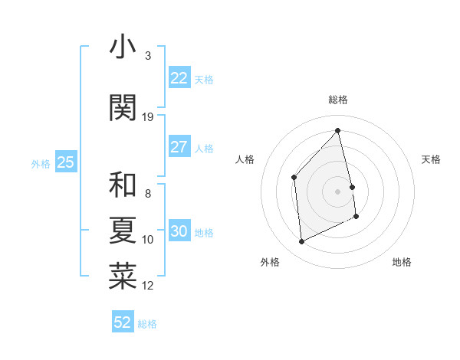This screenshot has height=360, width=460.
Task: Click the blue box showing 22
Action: click(179, 78)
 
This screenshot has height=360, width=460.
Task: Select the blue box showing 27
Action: click(179, 147)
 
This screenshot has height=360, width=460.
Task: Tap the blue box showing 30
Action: click(179, 231)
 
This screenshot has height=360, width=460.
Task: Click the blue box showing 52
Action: click(123, 322)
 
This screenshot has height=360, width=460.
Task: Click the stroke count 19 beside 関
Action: click(148, 117)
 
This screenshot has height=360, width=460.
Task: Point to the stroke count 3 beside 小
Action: click(148, 56)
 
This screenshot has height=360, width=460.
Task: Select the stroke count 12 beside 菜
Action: click(148, 286)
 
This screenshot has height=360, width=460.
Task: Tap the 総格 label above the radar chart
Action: click(338, 100)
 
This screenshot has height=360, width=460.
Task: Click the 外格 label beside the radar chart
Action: click(270, 262)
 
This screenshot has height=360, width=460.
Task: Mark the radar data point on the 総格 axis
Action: click(337, 131)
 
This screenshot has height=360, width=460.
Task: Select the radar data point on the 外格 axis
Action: click(301, 242)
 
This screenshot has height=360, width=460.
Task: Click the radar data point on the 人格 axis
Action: click(294, 177)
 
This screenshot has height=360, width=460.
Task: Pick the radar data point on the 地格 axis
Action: click(356, 217)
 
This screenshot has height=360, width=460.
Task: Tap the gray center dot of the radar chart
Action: click(338, 191)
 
